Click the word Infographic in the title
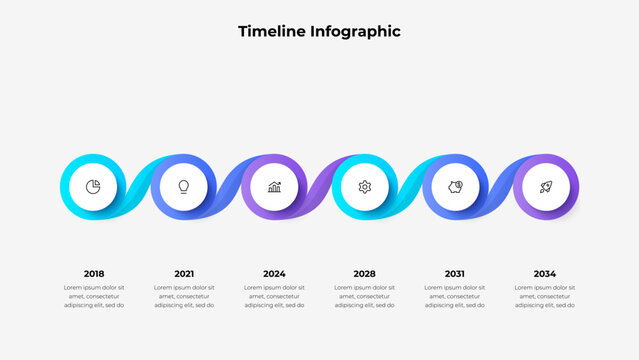coord(355,32)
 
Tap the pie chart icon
coord(94,186)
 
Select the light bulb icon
coord(184,186)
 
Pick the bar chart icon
coord(274,186)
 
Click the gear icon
coord(364,186)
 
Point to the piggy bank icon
coord(454,186)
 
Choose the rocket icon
coord(545,186)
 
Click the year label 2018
coord(94,273)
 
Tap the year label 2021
coord(184,273)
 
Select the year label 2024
coord(274,273)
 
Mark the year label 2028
coord(364,273)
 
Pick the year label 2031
coord(454,273)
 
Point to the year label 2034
coord(545,273)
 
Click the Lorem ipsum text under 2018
coord(94,296)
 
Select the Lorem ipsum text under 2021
coord(184,296)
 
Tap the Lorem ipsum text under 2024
coord(274,296)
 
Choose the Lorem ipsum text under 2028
coord(364,296)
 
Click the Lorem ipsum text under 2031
coord(454,296)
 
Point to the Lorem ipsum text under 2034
coord(545,296)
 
